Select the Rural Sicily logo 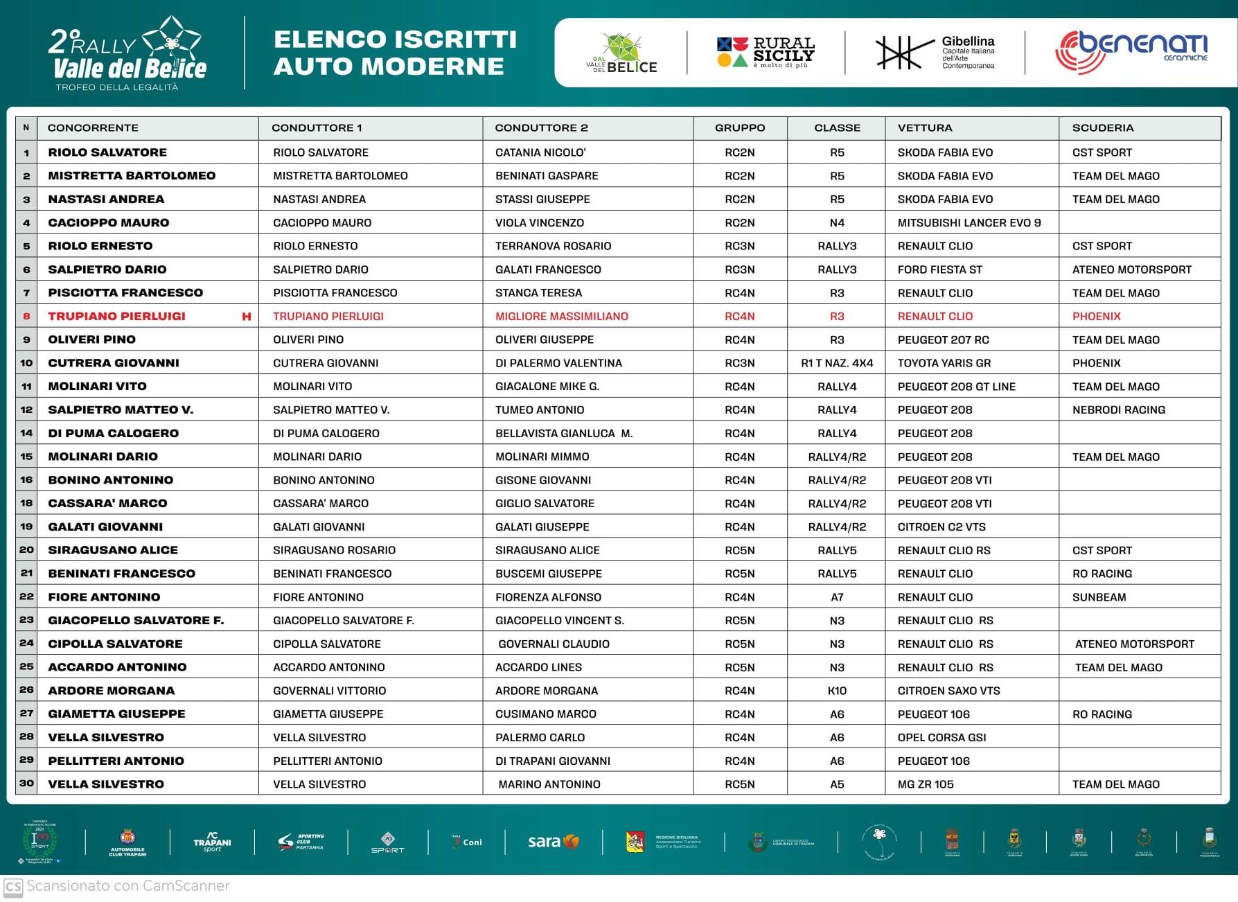coord(766,53)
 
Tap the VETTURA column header coord(924,128)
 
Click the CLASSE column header coord(837,128)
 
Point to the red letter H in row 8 coord(246,317)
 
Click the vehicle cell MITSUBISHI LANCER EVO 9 coord(969,223)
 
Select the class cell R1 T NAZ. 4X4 coord(837,363)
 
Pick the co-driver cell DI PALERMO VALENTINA coord(558,363)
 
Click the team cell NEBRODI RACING coord(1118,410)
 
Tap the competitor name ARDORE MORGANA coord(111,691)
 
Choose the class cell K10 coord(837,691)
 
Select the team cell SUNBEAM coord(1099,597)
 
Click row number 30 coord(26,784)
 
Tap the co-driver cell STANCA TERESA coord(538,293)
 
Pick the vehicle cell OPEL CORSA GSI coord(941,738)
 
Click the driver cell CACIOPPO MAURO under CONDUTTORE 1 coord(322,223)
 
